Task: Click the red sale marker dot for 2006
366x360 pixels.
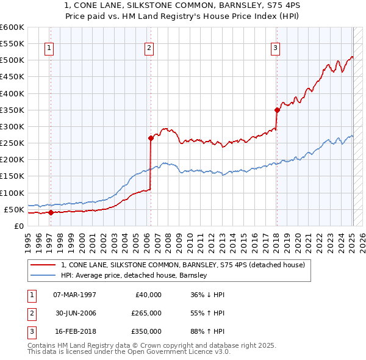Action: [x=150, y=138]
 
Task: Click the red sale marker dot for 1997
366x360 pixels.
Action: [x=51, y=212]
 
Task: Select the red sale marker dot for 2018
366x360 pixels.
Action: [x=276, y=110]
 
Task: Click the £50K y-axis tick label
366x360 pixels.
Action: [x=13, y=209]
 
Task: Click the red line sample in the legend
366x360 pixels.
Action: [x=43, y=265]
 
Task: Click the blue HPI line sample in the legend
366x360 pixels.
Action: [x=43, y=275]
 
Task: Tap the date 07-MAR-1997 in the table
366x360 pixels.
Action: [x=74, y=295]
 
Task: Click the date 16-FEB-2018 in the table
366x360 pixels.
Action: [x=74, y=331]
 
